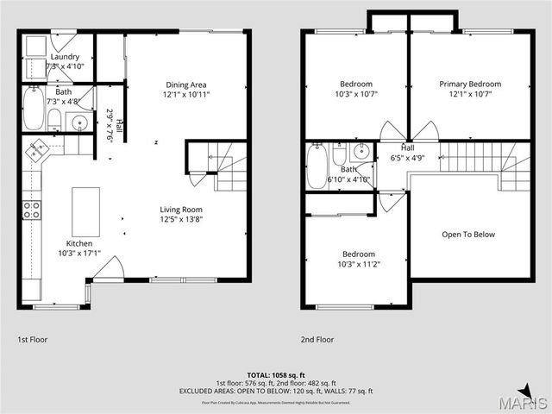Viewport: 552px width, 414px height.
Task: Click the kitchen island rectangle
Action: tap(85, 211)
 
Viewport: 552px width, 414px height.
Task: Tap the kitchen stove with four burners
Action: tap(31, 211)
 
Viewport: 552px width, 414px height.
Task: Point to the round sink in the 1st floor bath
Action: tap(79, 122)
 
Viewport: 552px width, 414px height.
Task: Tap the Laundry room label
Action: tap(65, 57)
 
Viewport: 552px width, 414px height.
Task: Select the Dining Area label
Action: tap(186, 85)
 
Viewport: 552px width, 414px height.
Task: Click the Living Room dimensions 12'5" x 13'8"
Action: tap(181, 219)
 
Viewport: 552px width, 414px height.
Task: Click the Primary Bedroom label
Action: tap(470, 85)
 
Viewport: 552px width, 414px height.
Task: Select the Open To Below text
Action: tap(469, 234)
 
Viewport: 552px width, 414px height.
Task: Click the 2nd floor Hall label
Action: tap(407, 147)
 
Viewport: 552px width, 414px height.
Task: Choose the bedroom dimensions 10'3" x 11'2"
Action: tap(358, 265)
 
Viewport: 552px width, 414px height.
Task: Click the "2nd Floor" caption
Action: tap(317, 340)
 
